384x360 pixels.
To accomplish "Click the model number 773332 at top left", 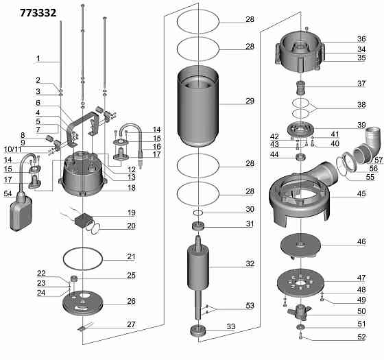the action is click(x=38, y=13).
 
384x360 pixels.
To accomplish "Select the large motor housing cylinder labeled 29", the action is click(x=198, y=106).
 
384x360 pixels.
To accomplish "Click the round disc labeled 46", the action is click(x=300, y=245).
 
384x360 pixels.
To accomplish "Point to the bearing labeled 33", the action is click(x=198, y=331).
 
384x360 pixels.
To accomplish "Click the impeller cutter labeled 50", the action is click(x=300, y=312).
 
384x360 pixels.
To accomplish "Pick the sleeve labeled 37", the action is click(x=300, y=88).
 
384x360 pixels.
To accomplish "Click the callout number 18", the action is click(x=132, y=188).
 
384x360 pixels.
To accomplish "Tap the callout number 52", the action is click(x=361, y=337).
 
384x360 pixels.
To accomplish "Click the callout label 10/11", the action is click(x=13, y=149).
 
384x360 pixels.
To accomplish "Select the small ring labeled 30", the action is click(x=198, y=213).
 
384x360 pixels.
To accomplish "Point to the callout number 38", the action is click(x=361, y=104).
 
